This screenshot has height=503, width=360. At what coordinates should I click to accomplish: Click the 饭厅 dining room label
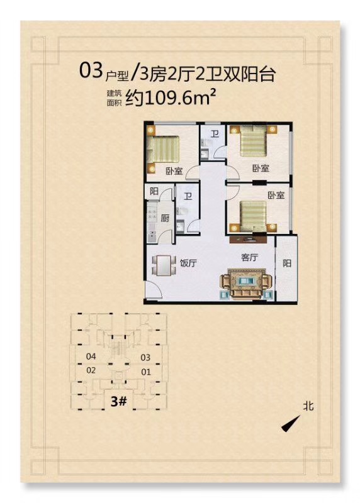(x=188, y=263)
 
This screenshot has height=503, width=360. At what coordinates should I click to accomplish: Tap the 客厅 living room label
(x=249, y=257)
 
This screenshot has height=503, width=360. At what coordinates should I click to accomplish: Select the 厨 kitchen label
(x=165, y=218)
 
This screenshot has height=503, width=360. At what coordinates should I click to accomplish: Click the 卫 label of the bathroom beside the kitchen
(x=188, y=196)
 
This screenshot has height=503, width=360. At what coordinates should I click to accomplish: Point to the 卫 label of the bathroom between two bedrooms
(x=215, y=134)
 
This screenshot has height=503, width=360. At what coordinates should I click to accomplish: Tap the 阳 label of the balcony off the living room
(x=287, y=263)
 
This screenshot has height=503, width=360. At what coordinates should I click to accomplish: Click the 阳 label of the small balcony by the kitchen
(x=154, y=191)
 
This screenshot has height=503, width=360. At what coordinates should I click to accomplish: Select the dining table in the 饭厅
(x=164, y=265)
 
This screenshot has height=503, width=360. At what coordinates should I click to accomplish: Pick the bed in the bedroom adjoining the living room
(x=253, y=216)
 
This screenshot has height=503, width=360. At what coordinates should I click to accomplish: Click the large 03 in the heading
(x=91, y=70)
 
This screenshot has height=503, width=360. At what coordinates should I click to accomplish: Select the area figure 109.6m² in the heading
(x=180, y=97)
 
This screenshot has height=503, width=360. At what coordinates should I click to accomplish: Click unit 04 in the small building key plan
(x=91, y=356)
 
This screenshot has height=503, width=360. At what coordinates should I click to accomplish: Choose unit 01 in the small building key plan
(x=146, y=372)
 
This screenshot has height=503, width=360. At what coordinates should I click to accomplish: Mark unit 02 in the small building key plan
(x=91, y=370)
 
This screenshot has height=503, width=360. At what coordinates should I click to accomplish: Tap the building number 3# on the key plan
(x=119, y=401)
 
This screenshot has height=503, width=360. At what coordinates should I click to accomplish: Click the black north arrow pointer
(x=290, y=424)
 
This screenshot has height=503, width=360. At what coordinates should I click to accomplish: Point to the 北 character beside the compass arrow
(x=308, y=406)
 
